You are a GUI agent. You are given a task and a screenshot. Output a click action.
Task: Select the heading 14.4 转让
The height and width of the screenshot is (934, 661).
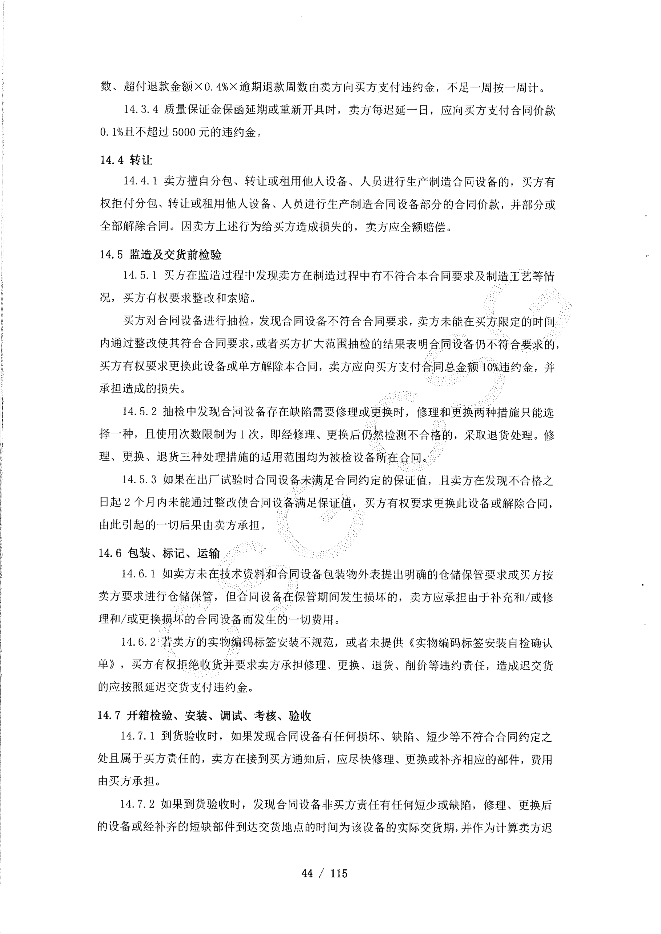(x=127, y=160)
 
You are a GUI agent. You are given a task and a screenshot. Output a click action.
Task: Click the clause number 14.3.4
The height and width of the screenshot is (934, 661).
(x=141, y=110)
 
